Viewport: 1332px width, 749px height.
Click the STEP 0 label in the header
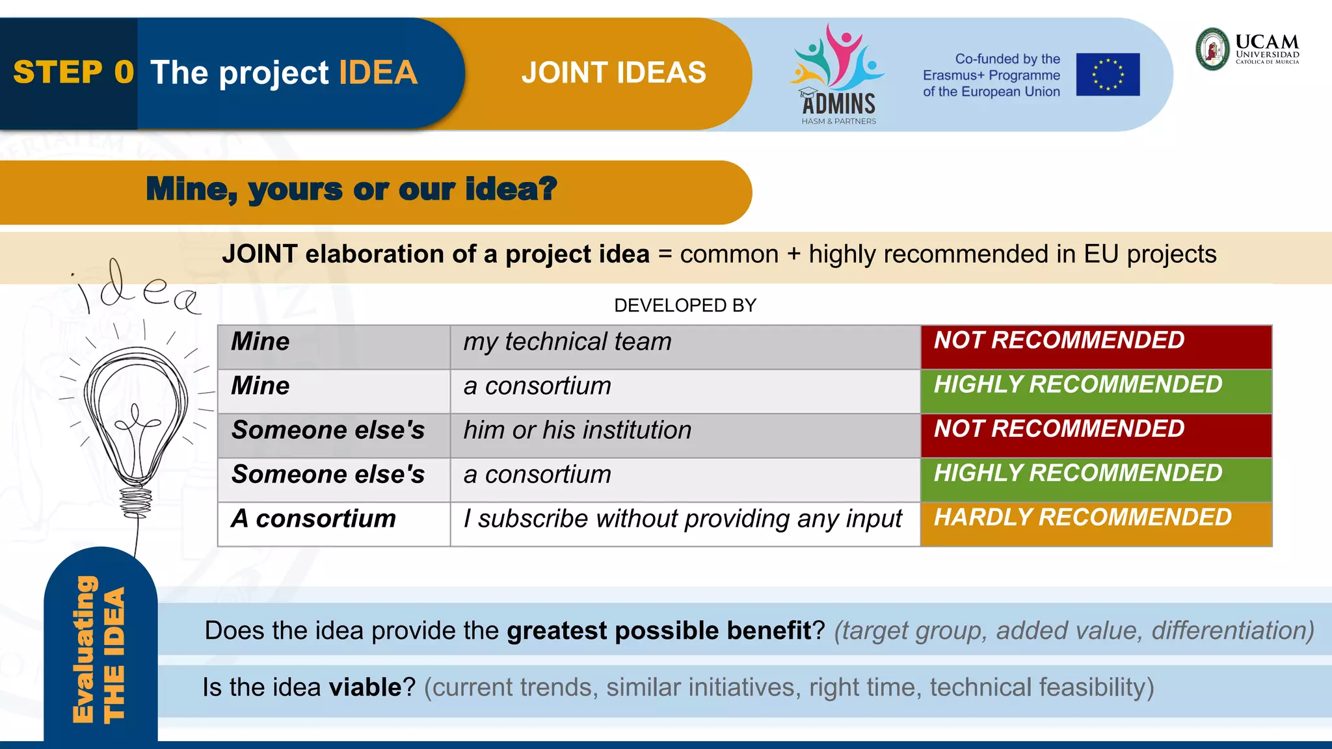(73, 72)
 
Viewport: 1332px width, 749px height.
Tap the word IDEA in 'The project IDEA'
(378, 72)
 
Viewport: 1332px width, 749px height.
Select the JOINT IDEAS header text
(613, 72)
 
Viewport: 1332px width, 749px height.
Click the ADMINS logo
(838, 75)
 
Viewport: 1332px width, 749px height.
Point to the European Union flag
(1108, 74)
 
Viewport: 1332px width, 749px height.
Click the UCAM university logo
(1247, 49)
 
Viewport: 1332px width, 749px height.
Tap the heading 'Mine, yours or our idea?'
(351, 189)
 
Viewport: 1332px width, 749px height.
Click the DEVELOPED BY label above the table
(685, 305)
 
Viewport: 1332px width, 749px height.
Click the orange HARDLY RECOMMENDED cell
(1095, 523)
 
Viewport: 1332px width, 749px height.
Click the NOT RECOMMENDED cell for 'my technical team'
(1095, 347)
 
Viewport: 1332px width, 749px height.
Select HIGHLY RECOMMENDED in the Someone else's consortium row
(1095, 479)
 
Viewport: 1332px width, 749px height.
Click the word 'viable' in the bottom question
(365, 688)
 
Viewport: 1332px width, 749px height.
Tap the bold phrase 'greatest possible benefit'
(659, 631)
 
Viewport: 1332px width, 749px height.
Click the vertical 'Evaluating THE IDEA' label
(99, 650)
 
